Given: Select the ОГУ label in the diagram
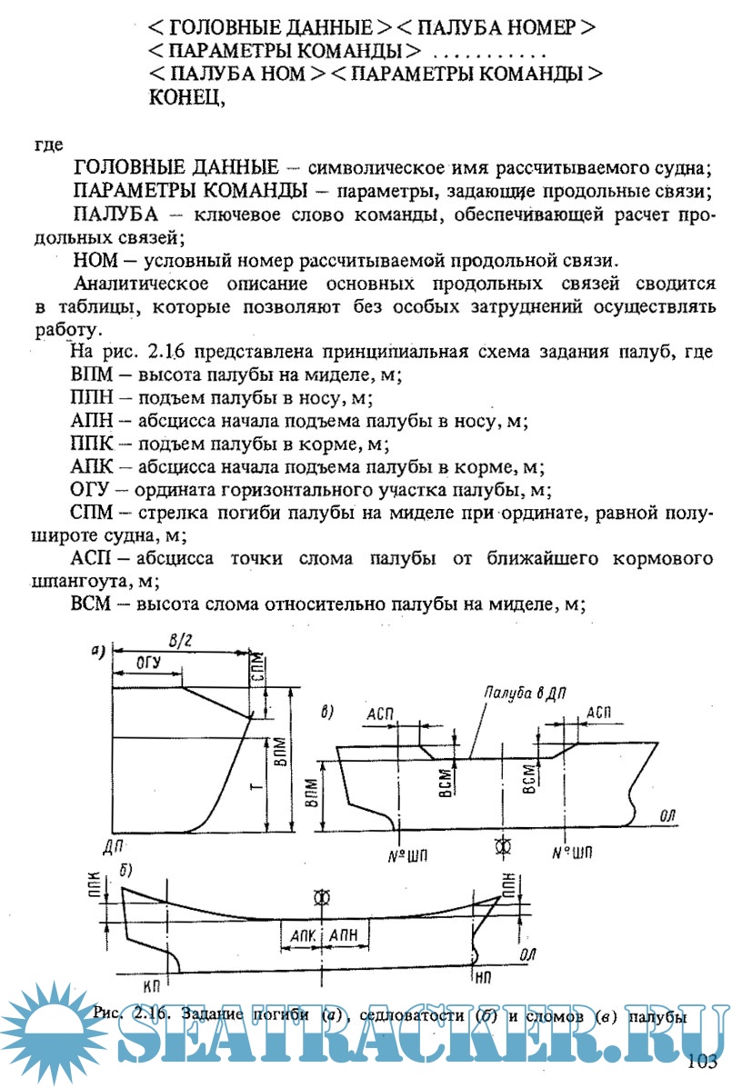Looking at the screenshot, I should (146, 664).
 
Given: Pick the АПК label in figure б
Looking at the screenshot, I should (300, 935).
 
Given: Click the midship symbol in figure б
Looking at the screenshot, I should (320, 897).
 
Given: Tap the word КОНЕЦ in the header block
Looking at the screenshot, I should (186, 98).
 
